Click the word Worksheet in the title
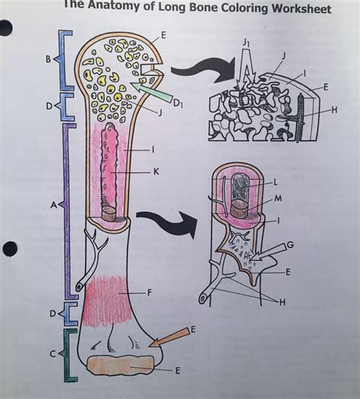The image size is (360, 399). (x=292, y=9)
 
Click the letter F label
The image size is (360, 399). (x=152, y=290)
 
